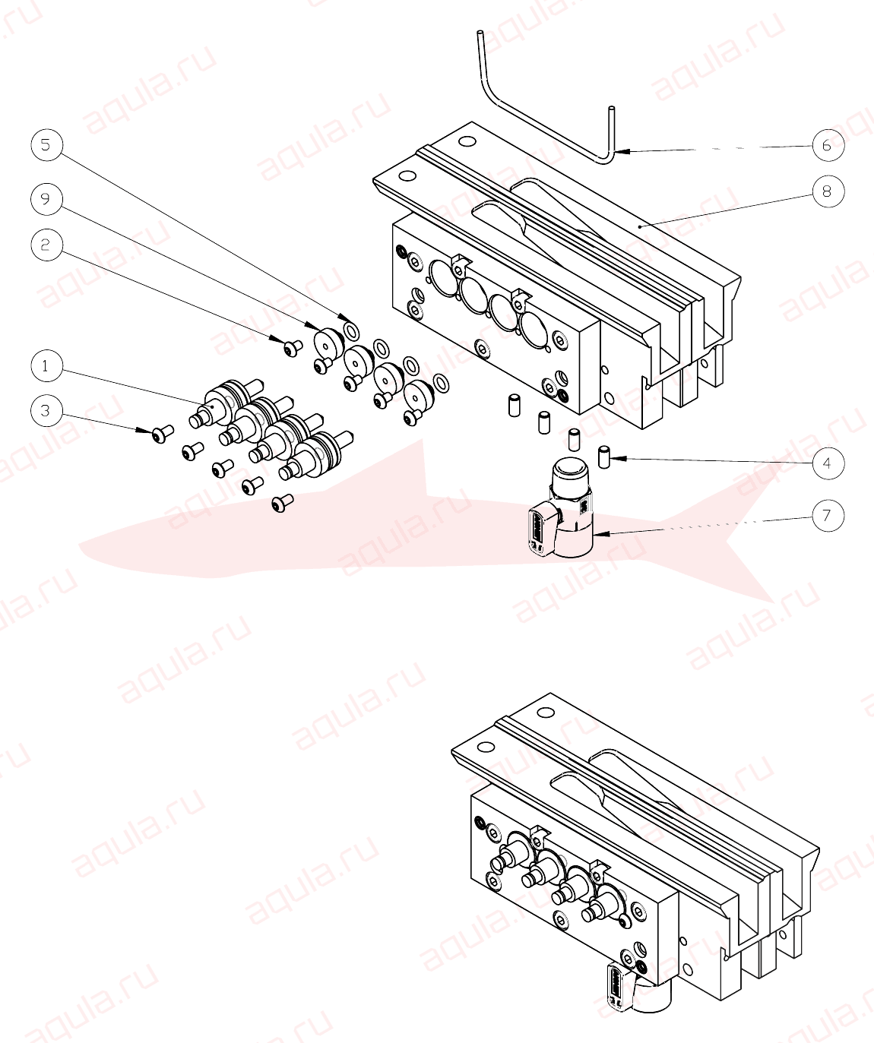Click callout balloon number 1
click(x=46, y=366)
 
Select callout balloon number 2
click(x=46, y=245)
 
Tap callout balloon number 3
click(x=46, y=411)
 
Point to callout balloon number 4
click(x=828, y=463)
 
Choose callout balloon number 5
click(x=46, y=145)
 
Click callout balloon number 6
click(x=828, y=145)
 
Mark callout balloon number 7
click(x=828, y=515)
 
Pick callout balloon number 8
click(x=828, y=191)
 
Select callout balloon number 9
click(x=46, y=199)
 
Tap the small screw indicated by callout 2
click(x=293, y=347)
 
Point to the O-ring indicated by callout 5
click(x=352, y=330)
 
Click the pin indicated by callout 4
click(x=605, y=457)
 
